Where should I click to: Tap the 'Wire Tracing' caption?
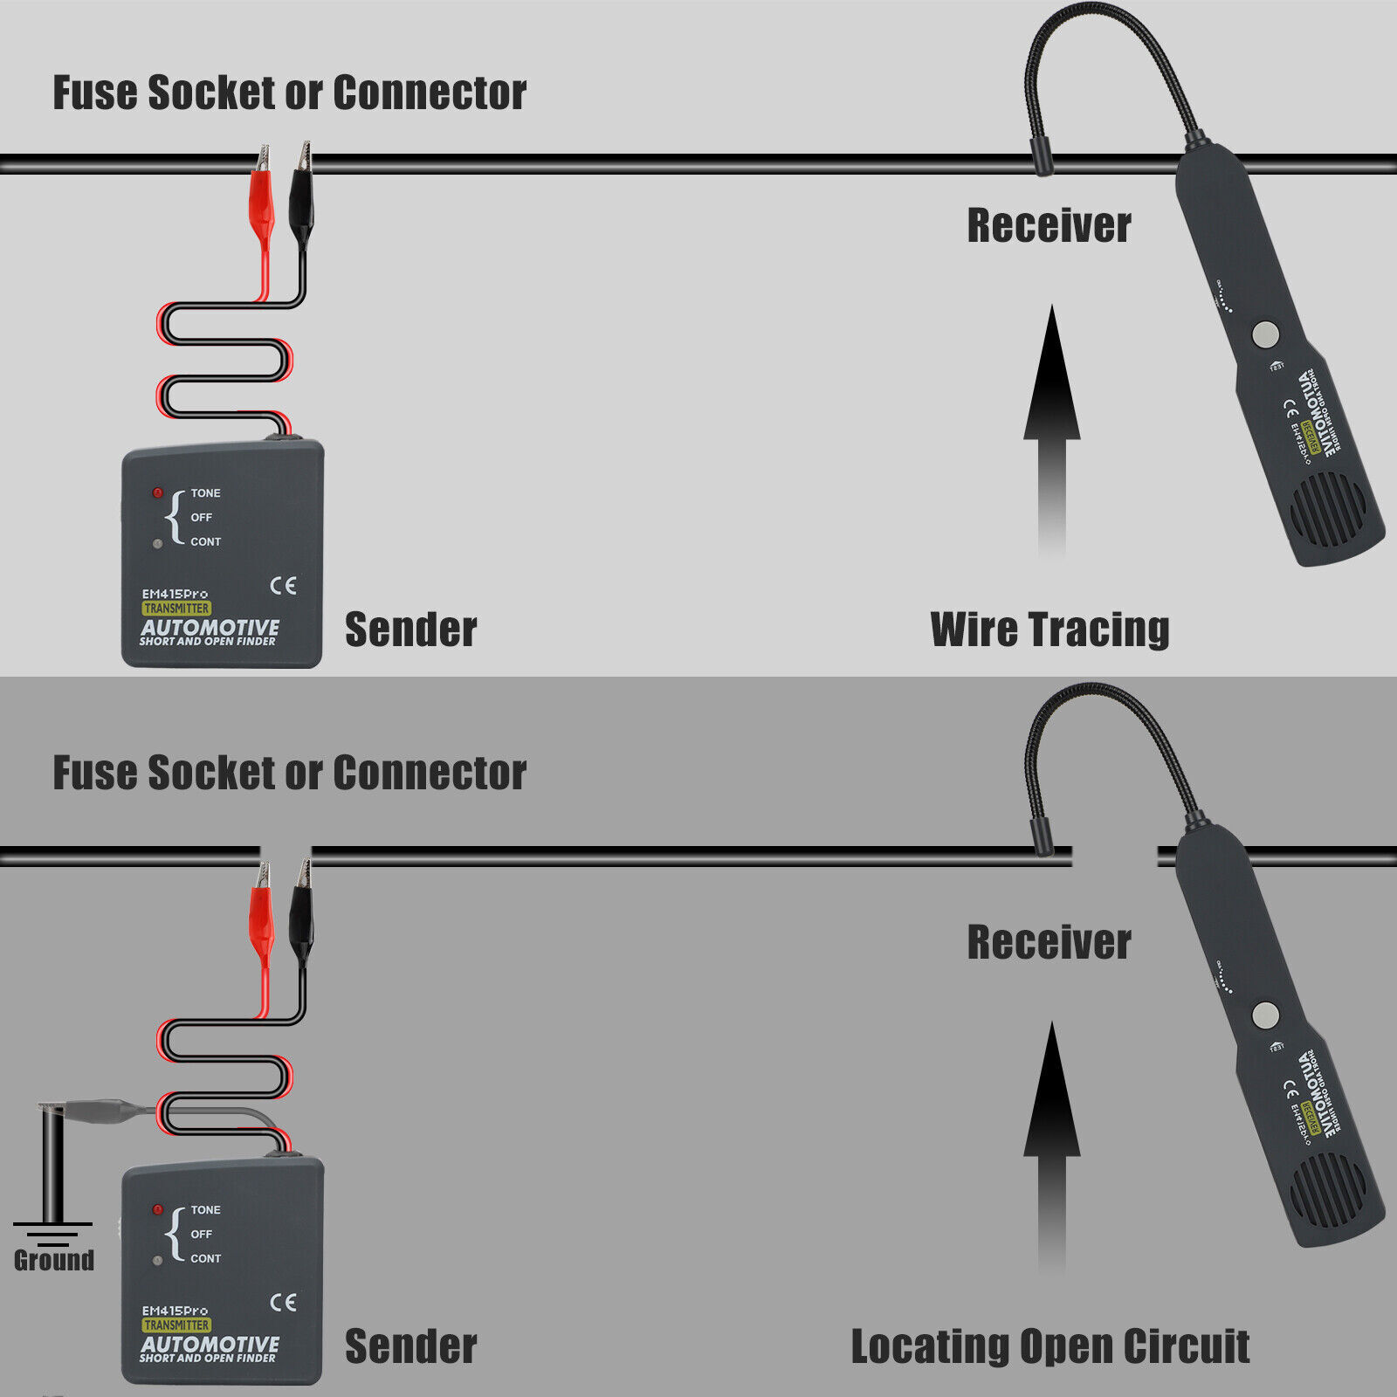click(1049, 630)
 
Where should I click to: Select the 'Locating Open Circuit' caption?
click(1049, 1345)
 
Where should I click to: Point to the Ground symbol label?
click(54, 1260)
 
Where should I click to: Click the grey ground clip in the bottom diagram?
click(96, 1111)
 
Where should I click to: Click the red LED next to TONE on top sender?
click(158, 493)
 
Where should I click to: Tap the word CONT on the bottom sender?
click(206, 1258)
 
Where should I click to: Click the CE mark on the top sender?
click(283, 586)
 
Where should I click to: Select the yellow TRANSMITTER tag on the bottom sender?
click(176, 1325)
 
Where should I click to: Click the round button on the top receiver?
click(1265, 334)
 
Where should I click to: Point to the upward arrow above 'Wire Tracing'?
click(1052, 419)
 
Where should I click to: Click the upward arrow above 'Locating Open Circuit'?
click(1052, 1135)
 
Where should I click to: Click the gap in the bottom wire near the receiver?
click(1114, 857)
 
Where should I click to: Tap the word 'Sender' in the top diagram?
click(410, 630)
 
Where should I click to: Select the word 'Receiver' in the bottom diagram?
click(1049, 942)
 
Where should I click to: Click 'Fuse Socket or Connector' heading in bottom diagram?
click(289, 773)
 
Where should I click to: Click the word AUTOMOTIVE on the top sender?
click(210, 627)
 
